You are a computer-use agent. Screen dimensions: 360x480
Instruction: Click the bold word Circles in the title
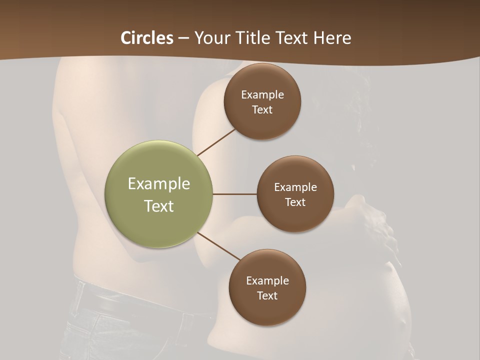146,38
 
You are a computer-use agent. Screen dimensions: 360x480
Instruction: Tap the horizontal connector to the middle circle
235,194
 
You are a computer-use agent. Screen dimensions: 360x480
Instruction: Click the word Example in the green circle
159,184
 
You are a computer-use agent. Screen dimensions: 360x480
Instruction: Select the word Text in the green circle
159,206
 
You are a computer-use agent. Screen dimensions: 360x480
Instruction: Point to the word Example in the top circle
262,95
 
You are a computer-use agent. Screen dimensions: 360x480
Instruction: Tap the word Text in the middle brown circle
295,202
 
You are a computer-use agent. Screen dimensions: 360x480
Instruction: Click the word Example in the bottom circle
267,280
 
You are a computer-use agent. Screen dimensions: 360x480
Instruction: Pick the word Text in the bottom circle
267,295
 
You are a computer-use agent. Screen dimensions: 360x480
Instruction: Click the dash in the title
183,38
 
